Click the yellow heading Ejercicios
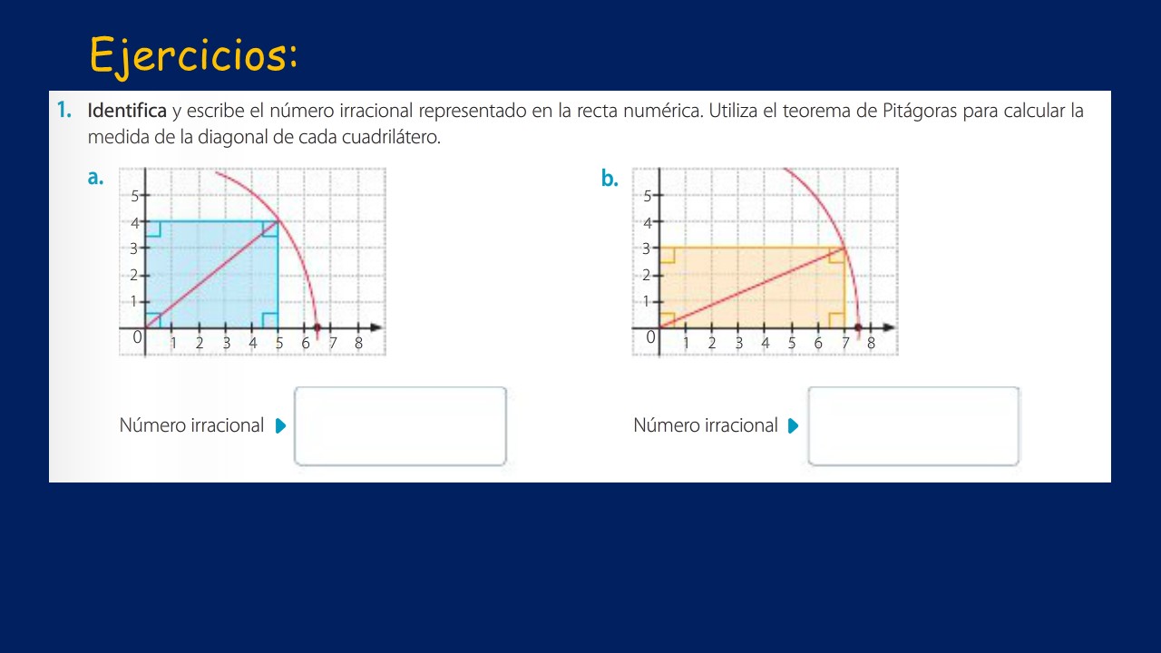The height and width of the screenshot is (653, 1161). (193, 55)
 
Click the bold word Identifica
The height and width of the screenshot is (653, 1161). (127, 112)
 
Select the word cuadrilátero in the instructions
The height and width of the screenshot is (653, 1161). (395, 138)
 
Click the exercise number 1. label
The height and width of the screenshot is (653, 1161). (63, 111)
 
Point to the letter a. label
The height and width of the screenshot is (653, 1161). (95, 178)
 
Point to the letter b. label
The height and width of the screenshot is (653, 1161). (610, 179)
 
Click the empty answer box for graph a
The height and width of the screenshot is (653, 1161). (400, 426)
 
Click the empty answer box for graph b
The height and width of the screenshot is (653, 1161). (913, 426)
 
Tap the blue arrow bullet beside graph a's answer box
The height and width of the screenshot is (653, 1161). (280, 426)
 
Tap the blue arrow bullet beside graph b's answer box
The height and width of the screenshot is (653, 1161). (794, 426)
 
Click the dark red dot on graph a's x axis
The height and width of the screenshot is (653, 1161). (317, 326)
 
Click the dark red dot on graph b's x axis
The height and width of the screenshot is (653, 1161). (858, 326)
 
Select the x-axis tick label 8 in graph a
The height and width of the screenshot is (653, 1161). (358, 344)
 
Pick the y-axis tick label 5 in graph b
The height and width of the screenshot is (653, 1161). (648, 195)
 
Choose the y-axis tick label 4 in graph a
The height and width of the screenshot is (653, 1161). (134, 222)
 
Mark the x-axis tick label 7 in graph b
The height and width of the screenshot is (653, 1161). (844, 344)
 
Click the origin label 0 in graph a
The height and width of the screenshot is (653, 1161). (138, 337)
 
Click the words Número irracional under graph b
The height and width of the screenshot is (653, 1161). (706, 425)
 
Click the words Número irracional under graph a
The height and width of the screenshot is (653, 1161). (191, 425)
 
